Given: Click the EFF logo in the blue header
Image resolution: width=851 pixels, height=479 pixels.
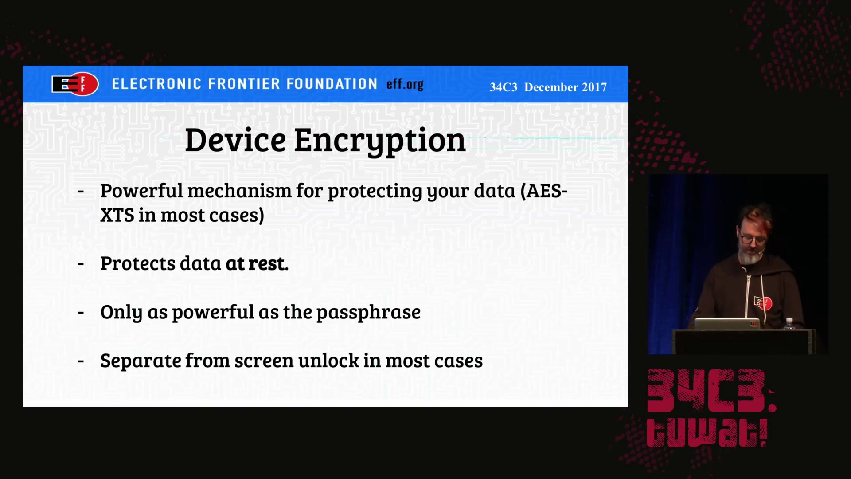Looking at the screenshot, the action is coord(75,84).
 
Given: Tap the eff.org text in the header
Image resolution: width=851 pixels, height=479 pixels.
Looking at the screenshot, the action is coord(405,84).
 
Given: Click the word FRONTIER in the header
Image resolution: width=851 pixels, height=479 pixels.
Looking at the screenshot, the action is coord(244,84).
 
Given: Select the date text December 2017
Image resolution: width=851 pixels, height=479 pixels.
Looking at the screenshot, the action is coord(566,87).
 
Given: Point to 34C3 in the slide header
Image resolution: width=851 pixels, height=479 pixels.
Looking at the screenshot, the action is coord(503,87).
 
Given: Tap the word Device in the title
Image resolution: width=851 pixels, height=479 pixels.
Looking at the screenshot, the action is coord(235,140).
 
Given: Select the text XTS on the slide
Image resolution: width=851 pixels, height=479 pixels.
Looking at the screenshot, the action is coord(117,216).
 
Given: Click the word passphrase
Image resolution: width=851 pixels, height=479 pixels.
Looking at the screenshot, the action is coord(368,313).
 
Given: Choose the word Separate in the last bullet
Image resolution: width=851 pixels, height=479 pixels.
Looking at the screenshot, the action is coord(141,361).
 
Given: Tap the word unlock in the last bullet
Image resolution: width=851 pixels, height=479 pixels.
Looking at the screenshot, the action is coord(328,361).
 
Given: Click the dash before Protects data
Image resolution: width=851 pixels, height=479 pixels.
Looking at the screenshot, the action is coord(81,264).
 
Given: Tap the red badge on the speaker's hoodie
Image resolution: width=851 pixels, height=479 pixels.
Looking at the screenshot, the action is coord(763,303).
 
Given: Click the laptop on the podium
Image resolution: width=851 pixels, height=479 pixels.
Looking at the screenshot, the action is coord(727,324).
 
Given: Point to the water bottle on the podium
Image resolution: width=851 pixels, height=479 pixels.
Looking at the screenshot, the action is coord(789,323).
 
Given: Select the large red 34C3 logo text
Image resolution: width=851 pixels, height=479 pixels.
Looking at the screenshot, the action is coord(711,391).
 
